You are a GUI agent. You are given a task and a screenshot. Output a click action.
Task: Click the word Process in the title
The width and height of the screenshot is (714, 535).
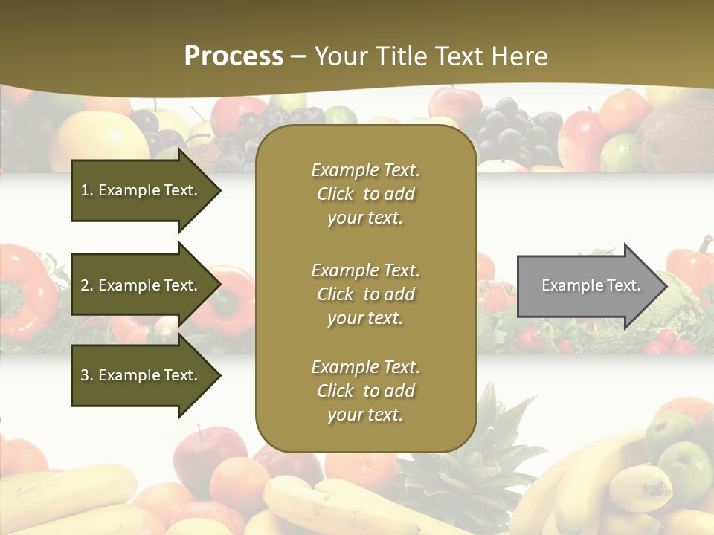point(234,56)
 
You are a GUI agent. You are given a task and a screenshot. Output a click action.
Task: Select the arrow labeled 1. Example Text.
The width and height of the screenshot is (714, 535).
point(141,190)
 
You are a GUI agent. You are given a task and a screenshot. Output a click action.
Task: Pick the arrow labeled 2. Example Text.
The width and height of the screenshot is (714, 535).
point(141,285)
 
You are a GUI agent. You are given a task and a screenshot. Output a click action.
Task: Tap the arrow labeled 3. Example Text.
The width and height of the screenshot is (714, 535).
point(141,375)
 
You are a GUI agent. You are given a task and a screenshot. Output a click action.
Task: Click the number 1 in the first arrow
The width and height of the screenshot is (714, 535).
point(85,190)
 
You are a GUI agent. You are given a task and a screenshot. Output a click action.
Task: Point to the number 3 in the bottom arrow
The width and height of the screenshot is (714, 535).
point(85,375)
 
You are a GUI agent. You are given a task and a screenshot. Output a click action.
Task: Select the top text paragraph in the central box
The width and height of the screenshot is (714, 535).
point(365,194)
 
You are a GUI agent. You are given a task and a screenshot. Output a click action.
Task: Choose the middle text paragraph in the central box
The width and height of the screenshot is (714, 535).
point(365,294)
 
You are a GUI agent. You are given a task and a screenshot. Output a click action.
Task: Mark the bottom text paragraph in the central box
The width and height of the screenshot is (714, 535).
point(365,391)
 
